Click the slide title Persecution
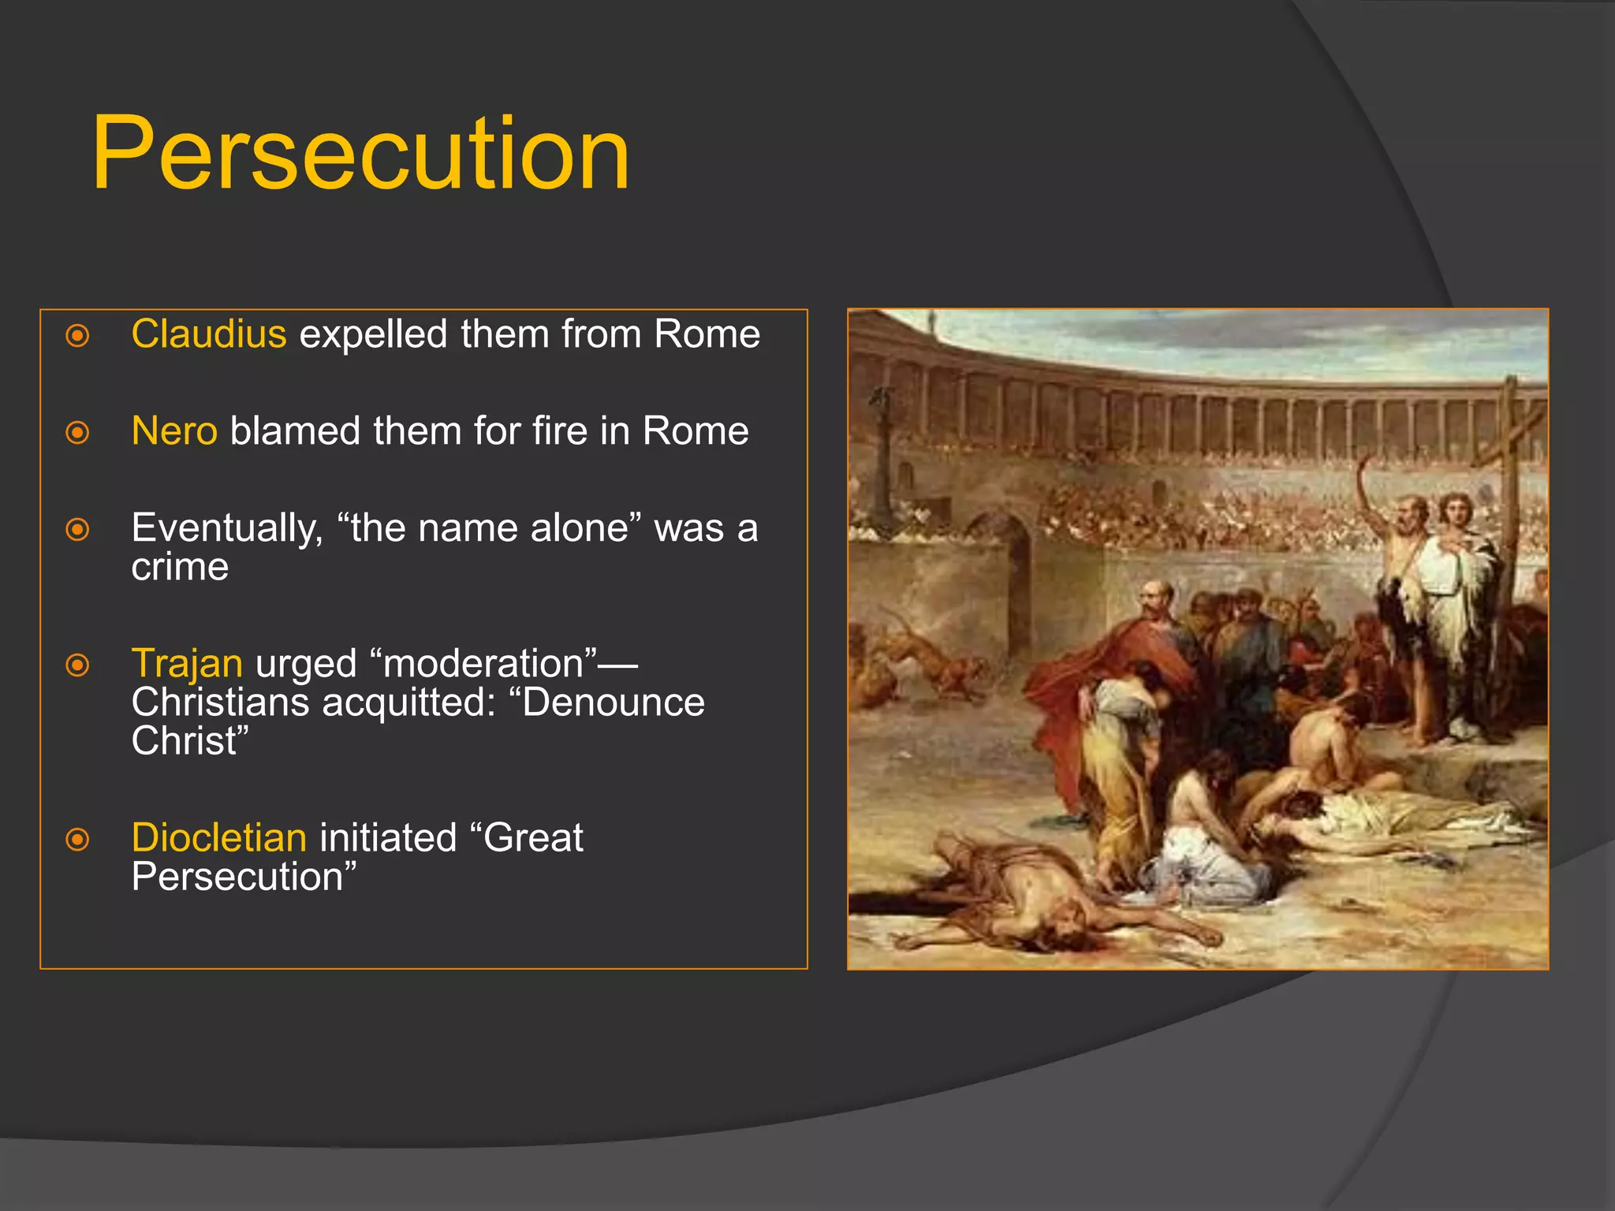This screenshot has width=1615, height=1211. (360, 154)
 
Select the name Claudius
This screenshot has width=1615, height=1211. (208, 334)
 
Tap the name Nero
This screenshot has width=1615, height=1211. (174, 431)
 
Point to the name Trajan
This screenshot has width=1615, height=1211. (187, 664)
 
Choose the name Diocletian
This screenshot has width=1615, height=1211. (218, 838)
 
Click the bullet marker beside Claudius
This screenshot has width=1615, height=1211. (77, 336)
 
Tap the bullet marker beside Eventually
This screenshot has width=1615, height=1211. (77, 529)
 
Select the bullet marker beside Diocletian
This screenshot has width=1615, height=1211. (77, 840)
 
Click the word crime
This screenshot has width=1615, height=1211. (180, 567)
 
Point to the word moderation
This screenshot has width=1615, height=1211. (489, 664)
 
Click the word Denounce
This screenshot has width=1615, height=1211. (613, 702)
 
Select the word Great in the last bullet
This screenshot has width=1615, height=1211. (533, 838)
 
